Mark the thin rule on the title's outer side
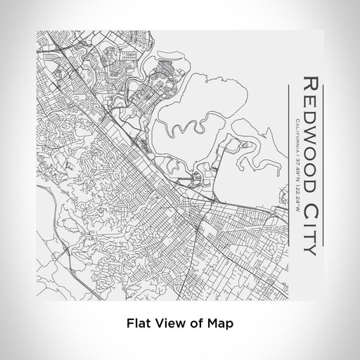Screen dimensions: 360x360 (326, 162)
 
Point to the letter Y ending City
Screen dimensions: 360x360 (310, 247)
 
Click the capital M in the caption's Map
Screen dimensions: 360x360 (212, 324)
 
